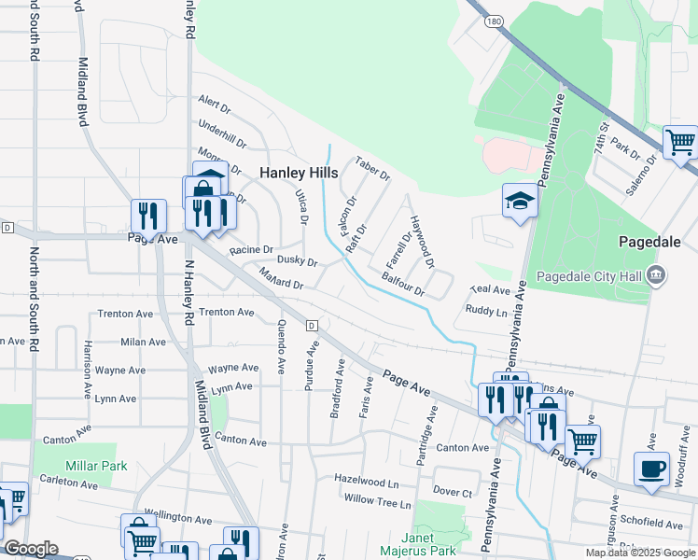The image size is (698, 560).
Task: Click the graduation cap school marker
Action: [520, 200]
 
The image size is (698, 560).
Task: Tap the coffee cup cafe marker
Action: [651, 468]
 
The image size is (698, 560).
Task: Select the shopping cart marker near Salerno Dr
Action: [680, 143]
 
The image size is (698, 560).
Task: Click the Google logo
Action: [30, 549]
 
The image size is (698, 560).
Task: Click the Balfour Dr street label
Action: [403, 284]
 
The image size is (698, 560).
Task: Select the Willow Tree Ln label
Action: [377, 502]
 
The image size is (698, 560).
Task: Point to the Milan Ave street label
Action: [142, 343]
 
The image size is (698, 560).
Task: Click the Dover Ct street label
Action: [454, 491]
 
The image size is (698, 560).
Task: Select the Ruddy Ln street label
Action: [486, 311]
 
